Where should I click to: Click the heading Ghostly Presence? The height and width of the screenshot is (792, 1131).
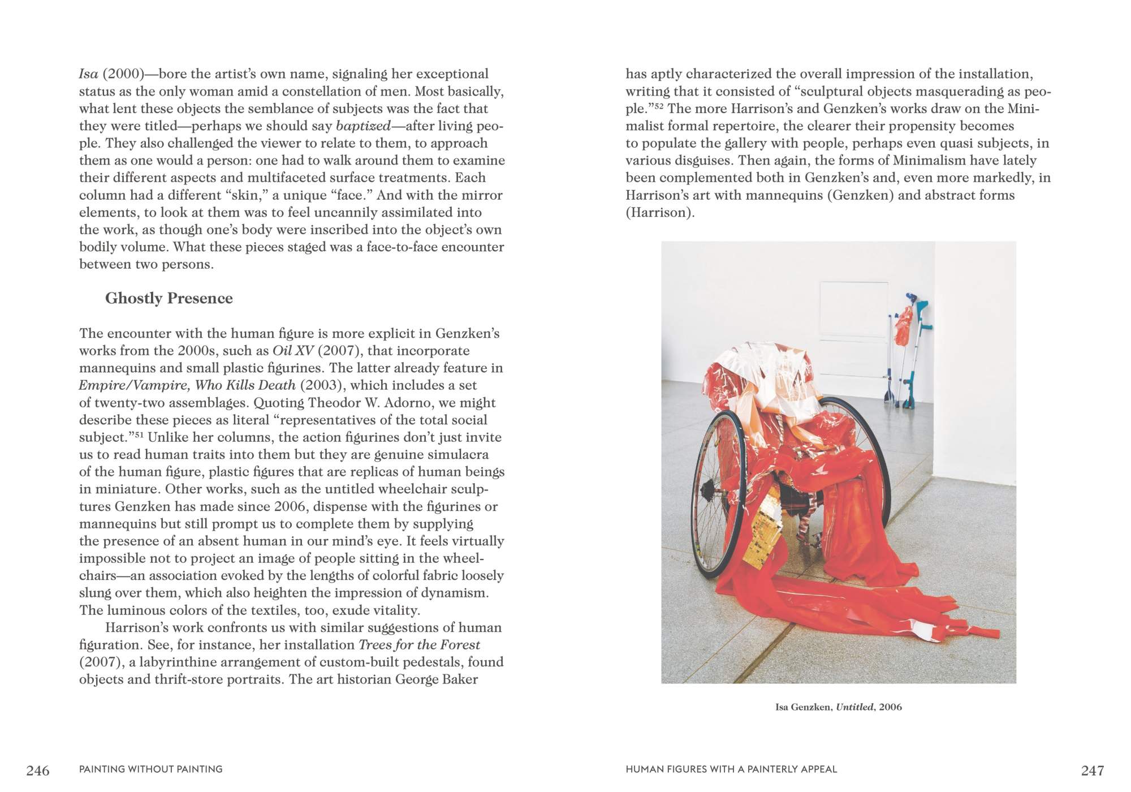point(169,298)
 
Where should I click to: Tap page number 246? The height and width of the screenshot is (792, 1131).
point(38,770)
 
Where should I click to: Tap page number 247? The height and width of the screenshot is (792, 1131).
point(1092,770)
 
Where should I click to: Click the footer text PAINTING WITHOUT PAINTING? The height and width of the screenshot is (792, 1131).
point(150,769)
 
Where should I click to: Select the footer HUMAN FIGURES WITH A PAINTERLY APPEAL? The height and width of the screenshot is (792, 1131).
point(731,769)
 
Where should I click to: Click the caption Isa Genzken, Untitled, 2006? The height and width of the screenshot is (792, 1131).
point(838,707)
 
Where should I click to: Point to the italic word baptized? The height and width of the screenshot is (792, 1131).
point(363,126)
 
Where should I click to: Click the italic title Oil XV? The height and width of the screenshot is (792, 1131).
point(293,351)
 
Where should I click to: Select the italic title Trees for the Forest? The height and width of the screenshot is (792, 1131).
point(419,645)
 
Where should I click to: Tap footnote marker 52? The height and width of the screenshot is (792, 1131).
point(659,106)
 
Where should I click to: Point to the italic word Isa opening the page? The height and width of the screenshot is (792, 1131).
point(89,74)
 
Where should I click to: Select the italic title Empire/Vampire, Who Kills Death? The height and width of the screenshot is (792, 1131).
point(187,385)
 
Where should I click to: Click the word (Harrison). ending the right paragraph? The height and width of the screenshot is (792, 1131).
point(659,213)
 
